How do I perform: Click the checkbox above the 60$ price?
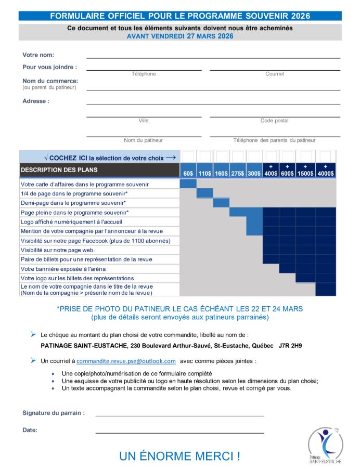click(x=188, y=157)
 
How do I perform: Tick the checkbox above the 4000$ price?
click(x=326, y=157)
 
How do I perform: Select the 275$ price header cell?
click(x=238, y=173)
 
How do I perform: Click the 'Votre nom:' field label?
click(x=38, y=55)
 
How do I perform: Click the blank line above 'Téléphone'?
click(x=144, y=69)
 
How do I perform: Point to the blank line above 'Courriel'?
click(x=275, y=69)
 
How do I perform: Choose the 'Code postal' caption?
click(x=275, y=121)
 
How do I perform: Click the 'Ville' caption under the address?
click(x=144, y=121)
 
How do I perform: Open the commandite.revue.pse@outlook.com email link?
click(x=126, y=361)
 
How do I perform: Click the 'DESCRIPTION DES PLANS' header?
click(x=59, y=170)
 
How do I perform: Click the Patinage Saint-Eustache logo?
click(x=325, y=445)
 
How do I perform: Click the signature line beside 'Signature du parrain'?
click(x=179, y=415)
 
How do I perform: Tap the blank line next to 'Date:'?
click(x=179, y=432)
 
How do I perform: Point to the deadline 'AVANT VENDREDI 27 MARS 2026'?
click(x=180, y=36)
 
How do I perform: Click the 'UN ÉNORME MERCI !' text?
click(x=179, y=457)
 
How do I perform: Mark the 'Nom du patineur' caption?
click(x=144, y=140)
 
